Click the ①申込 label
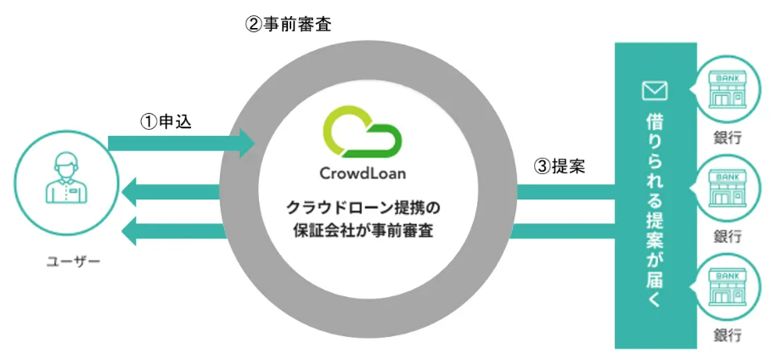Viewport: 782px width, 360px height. pos(166,121)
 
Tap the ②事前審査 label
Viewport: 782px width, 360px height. pos(289,24)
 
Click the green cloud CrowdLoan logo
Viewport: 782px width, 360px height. pos(362,132)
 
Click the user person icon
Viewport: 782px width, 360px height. pos(64,180)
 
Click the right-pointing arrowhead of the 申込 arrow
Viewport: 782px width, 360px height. pos(246,142)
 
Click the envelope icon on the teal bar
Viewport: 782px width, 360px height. pos(655,89)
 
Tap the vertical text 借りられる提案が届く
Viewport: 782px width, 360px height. pos(655,204)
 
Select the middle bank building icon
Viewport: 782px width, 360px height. pos(728,188)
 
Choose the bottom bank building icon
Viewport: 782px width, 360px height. pos(728,290)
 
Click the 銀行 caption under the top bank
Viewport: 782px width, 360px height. pos(728,138)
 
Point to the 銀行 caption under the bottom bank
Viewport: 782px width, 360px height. pos(728,335)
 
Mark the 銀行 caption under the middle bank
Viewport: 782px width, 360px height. pos(728,235)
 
